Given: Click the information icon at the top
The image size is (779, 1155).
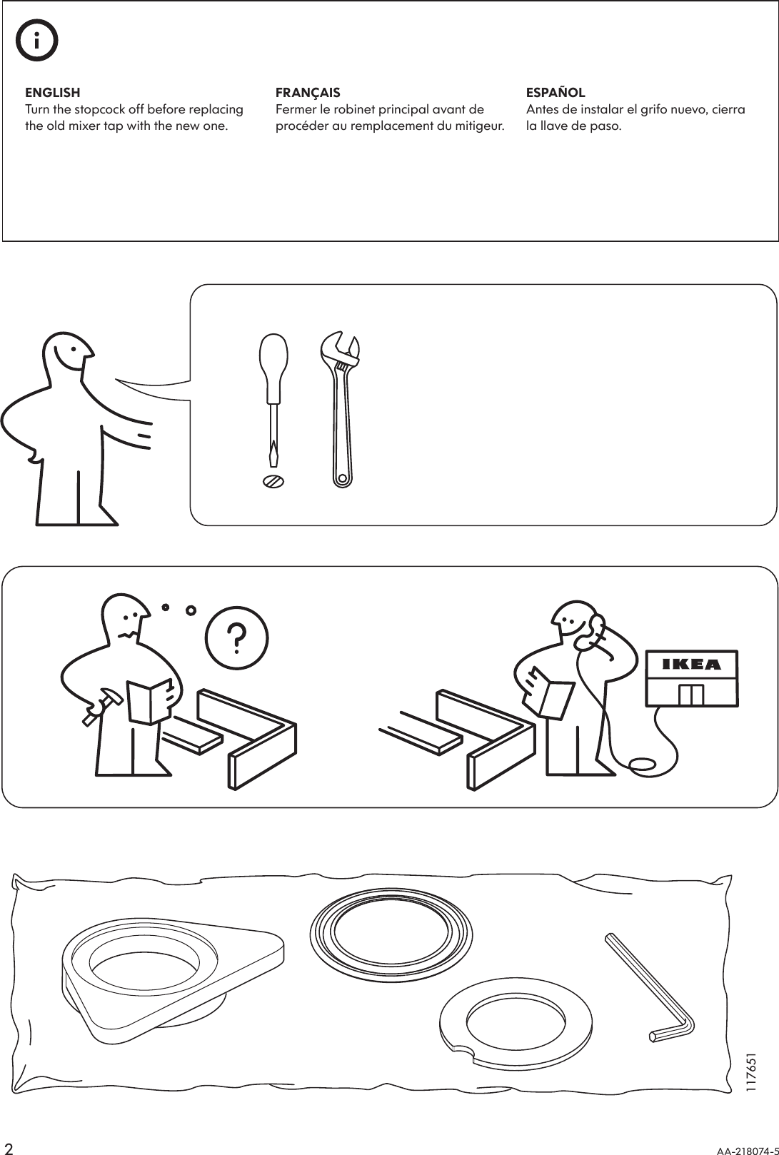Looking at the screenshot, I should (37, 42).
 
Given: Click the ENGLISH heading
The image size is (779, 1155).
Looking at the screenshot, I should (53, 93).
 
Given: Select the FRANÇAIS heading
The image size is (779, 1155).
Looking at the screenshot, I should (308, 93).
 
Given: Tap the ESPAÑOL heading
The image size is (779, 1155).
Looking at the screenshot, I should (556, 93).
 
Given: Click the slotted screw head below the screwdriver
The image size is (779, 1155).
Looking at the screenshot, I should (273, 481).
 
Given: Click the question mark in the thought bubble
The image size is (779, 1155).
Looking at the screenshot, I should (236, 638).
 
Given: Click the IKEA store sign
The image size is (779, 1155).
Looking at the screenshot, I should (692, 665).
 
